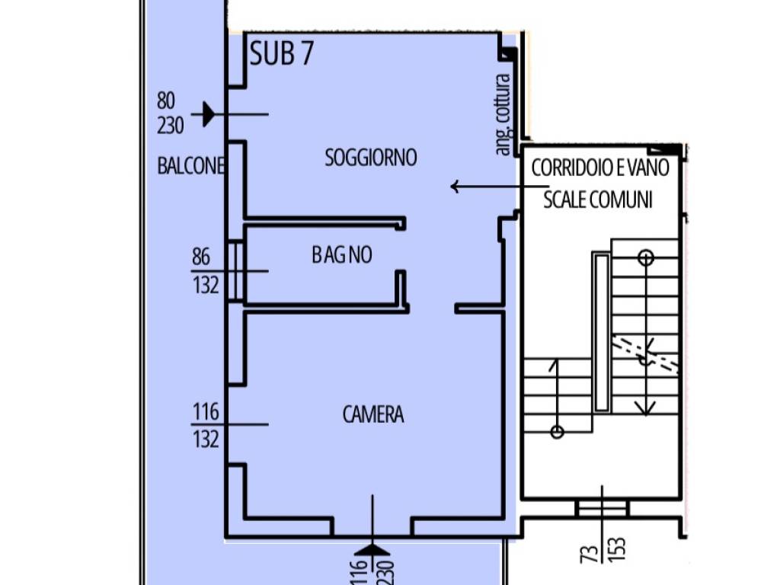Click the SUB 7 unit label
point(282,54)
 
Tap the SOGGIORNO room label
point(371,158)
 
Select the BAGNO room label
point(342,254)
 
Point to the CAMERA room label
point(373,414)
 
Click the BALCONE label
point(191,165)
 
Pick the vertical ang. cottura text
point(503,114)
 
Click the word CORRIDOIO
point(572,168)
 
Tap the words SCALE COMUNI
point(597,200)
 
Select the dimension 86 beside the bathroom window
point(201,257)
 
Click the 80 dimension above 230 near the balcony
point(166,101)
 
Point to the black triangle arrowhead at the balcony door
point(209,114)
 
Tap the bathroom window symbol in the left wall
point(236,271)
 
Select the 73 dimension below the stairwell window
point(589,553)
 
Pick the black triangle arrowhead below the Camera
point(372,549)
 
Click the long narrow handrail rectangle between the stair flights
point(602,332)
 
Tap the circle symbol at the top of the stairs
point(646,257)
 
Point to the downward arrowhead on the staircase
point(646,408)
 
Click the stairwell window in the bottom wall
point(602,509)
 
